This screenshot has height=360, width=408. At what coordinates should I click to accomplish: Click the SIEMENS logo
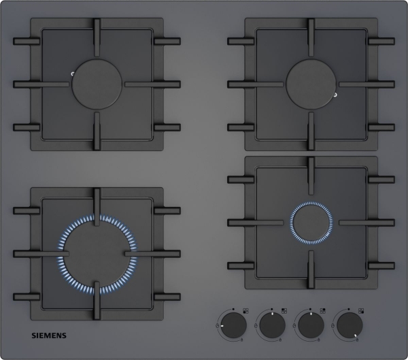[49, 336]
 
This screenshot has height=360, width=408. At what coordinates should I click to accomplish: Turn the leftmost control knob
[233, 325]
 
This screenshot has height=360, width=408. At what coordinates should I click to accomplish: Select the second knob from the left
[272, 325]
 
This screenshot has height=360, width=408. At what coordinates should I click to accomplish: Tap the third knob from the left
[311, 325]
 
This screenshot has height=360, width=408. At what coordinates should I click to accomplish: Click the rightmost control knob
[350, 325]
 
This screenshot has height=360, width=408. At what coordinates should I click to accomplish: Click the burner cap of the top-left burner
[97, 84]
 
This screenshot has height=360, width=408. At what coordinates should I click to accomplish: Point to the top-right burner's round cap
[311, 84]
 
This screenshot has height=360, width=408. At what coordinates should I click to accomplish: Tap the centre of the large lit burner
[97, 254]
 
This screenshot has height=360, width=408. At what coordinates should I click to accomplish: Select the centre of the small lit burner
[311, 223]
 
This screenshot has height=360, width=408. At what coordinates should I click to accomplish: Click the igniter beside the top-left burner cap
[73, 74]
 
